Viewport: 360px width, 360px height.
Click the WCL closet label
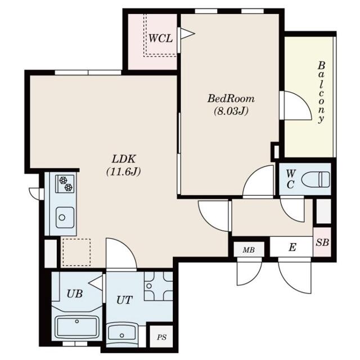[x=160, y=38]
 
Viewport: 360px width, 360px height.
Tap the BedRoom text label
[x=231, y=99]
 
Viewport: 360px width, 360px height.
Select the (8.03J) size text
[x=231, y=111]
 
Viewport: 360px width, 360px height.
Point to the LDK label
[x=124, y=159]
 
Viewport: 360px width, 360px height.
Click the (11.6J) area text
[x=124, y=172]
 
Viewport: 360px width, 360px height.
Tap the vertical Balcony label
[x=321, y=92]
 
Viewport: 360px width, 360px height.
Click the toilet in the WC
[x=316, y=179]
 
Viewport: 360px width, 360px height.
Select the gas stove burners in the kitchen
[x=65, y=184]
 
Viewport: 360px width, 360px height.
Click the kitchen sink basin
[x=65, y=217]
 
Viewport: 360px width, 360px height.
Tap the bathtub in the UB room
[x=77, y=327]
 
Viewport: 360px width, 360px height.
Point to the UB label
[x=75, y=294]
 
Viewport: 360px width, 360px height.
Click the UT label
[x=124, y=300]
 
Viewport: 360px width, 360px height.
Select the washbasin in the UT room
[x=121, y=333]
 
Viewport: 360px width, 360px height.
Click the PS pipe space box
[x=161, y=336]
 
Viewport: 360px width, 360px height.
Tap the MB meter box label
[x=249, y=250]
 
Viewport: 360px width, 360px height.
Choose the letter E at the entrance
[x=292, y=247]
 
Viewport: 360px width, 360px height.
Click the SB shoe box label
[x=322, y=242]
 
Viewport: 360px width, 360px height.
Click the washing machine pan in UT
[x=159, y=286]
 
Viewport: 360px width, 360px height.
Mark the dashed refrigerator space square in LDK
[x=76, y=253]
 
